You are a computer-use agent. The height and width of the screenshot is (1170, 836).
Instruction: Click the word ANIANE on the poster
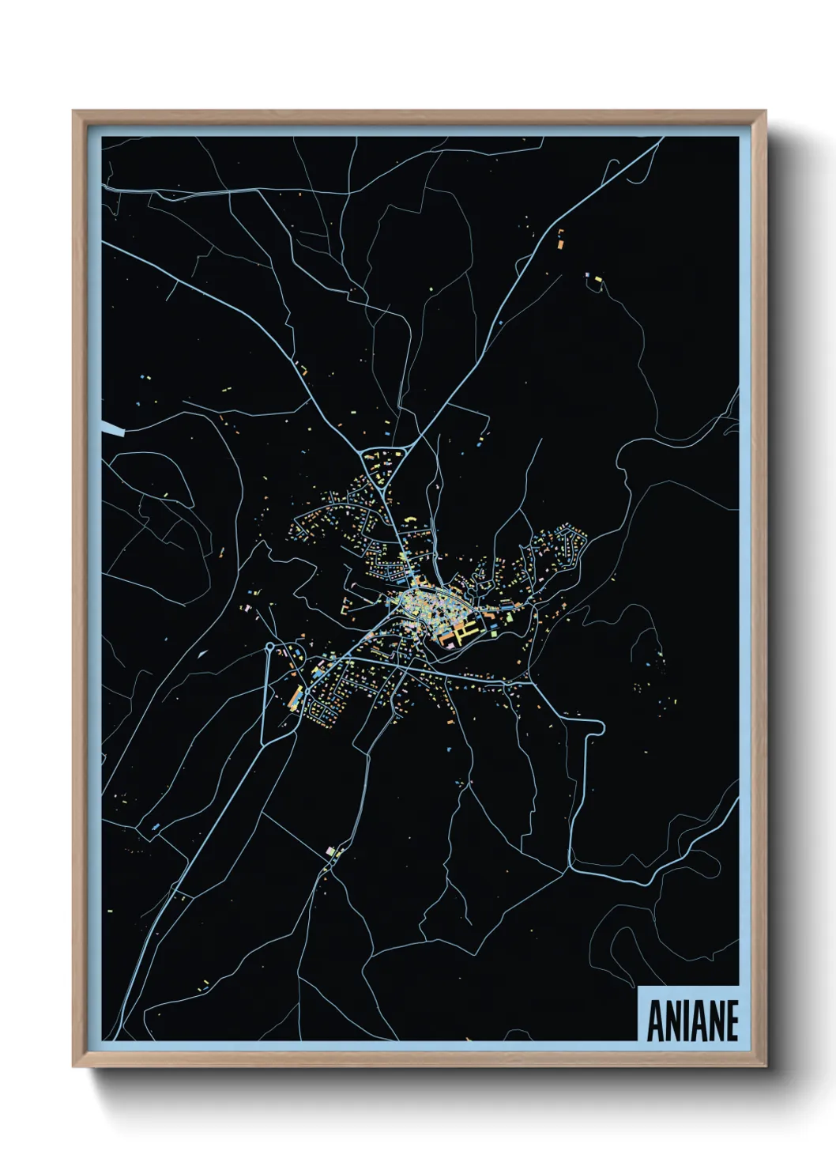692,1021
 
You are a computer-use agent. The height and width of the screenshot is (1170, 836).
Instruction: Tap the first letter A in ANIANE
654,1021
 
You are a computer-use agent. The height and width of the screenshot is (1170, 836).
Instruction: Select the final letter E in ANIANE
732,1021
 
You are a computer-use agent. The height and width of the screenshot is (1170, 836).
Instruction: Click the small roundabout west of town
269,647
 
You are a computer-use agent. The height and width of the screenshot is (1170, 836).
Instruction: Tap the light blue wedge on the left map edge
112,429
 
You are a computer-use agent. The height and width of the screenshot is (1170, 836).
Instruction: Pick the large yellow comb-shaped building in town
465,630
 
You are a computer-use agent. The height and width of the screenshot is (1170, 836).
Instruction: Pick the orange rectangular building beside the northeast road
561,244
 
